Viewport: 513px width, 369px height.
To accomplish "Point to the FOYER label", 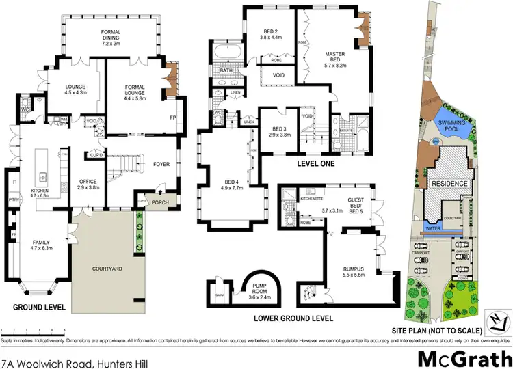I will coord(161,164).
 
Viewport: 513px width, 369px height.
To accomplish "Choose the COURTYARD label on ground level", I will coord(107,269).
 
